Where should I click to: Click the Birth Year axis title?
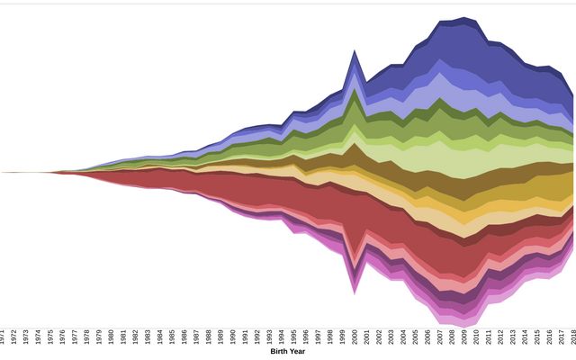[x=288, y=352]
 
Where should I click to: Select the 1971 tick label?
[x=3, y=337]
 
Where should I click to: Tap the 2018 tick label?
[x=574, y=337]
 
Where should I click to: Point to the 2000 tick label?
[x=355, y=337]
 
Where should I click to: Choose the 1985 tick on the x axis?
[x=173, y=337]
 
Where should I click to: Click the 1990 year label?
[x=233, y=337]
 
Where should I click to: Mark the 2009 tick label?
[x=464, y=337]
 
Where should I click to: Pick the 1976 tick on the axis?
[x=63, y=337]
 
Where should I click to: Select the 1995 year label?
[x=294, y=337]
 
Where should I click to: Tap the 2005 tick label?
[x=416, y=337]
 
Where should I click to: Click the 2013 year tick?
[x=513, y=337]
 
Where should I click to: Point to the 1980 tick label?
[x=112, y=337]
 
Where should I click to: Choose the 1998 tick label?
[x=331, y=337]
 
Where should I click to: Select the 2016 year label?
[x=550, y=337]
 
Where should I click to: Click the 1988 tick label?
[x=209, y=337]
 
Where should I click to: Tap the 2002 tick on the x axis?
[x=380, y=337]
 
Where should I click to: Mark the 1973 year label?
[x=27, y=337]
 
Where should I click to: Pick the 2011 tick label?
[x=489, y=337]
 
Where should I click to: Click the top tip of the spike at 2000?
[x=355, y=51]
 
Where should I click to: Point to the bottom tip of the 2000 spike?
[x=355, y=293]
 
